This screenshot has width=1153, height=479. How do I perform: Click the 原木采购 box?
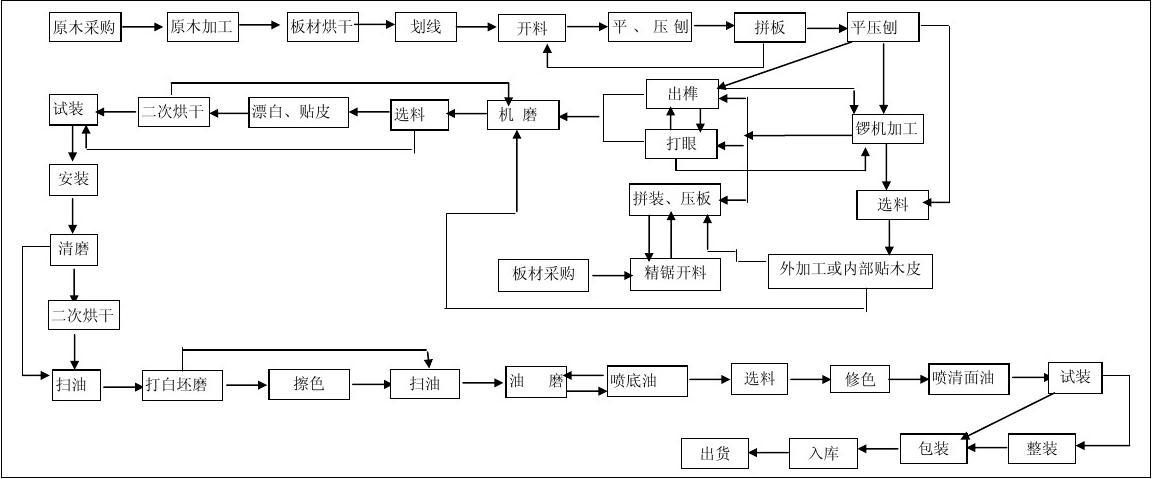click(x=85, y=27)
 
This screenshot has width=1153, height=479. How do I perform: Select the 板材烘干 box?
click(x=322, y=27)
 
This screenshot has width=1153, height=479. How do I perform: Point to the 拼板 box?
click(x=769, y=28)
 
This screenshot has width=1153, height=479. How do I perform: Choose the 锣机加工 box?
click(x=886, y=129)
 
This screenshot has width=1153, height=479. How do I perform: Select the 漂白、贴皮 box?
click(x=299, y=113)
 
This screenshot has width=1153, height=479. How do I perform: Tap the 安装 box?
click(x=73, y=180)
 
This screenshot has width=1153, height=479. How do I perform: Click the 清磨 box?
click(x=73, y=249)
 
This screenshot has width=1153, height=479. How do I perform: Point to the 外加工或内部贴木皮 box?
click(x=850, y=270)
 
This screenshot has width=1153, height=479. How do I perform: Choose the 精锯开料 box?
click(x=675, y=273)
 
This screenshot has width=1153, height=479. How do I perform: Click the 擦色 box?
click(x=310, y=383)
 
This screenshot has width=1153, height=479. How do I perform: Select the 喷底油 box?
click(x=647, y=381)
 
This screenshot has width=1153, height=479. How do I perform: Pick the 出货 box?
click(x=714, y=453)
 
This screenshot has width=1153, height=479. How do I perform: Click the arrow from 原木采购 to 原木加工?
click(x=144, y=27)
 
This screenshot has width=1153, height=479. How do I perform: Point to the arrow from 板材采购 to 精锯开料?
click(x=609, y=273)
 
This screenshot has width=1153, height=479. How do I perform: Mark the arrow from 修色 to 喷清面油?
click(x=909, y=379)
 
